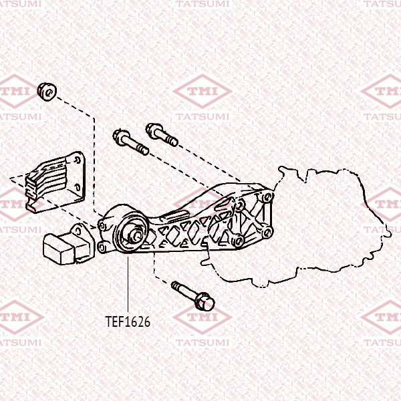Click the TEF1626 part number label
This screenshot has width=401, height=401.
pos(128,321)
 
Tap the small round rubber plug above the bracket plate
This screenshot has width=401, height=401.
pos(47,92)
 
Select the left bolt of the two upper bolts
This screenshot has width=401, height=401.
pos(130,142)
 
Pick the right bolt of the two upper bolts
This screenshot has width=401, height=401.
pos(162,134)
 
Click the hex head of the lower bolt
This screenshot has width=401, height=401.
pos(205,301)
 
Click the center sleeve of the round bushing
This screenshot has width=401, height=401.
pos(135,234)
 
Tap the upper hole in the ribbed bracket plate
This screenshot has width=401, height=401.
pos(77,160)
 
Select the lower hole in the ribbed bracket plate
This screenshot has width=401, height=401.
pos(77,187)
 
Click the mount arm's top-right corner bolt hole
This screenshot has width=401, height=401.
pos(268,196)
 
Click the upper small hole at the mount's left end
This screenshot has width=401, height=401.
pos(102,226)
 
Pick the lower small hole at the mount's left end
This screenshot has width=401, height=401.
pos(102,248)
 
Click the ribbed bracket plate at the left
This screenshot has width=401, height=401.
pos(55,182)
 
